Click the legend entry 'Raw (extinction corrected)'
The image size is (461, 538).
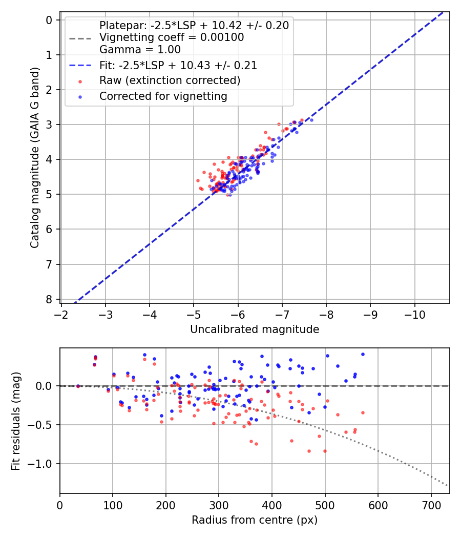170,80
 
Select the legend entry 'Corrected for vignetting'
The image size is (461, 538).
163,96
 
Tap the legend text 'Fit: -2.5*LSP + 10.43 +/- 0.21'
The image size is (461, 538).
178,66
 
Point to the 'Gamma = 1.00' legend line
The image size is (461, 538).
140,50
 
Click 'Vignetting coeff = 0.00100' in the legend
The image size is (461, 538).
172,37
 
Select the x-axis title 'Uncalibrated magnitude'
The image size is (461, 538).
255,329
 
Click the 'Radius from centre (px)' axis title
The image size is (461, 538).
255,520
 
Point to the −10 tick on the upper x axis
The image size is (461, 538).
414,313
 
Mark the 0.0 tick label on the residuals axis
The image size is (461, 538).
45,386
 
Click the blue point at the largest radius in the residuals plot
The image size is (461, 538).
363,354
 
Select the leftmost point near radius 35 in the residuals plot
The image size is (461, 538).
78,386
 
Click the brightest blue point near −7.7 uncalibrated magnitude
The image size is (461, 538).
311,120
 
